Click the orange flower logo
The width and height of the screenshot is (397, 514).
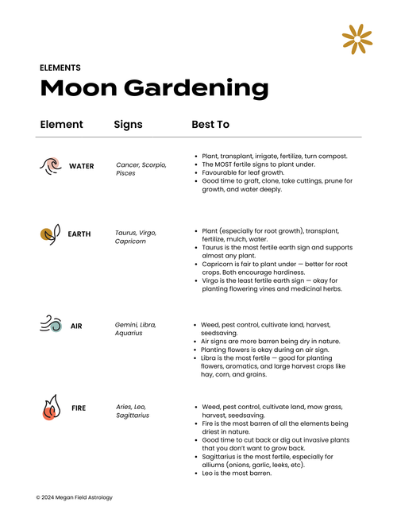tap(357, 39)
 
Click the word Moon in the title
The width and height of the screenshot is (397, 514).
tap(75, 88)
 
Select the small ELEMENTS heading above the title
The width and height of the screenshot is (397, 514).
tap(60, 68)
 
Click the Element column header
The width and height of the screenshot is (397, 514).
tap(61, 125)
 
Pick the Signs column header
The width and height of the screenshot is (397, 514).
tap(128, 125)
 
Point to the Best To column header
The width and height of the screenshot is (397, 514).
tap(210, 125)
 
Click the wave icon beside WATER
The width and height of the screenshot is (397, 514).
tap(50, 165)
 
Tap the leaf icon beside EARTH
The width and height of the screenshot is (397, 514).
tap(50, 234)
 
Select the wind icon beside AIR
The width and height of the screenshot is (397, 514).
tap(50, 325)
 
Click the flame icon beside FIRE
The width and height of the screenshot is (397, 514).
tap(50, 408)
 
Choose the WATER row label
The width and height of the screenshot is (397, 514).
tap(81, 167)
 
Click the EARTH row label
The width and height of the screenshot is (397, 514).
tap(79, 234)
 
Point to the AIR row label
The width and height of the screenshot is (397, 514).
tap(76, 326)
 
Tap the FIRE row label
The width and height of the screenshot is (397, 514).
tap(79, 408)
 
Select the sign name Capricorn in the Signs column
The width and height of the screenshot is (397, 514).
tap(131, 242)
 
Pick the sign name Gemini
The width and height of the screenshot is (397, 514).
tap(128, 325)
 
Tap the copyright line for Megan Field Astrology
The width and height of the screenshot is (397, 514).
tap(74, 497)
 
